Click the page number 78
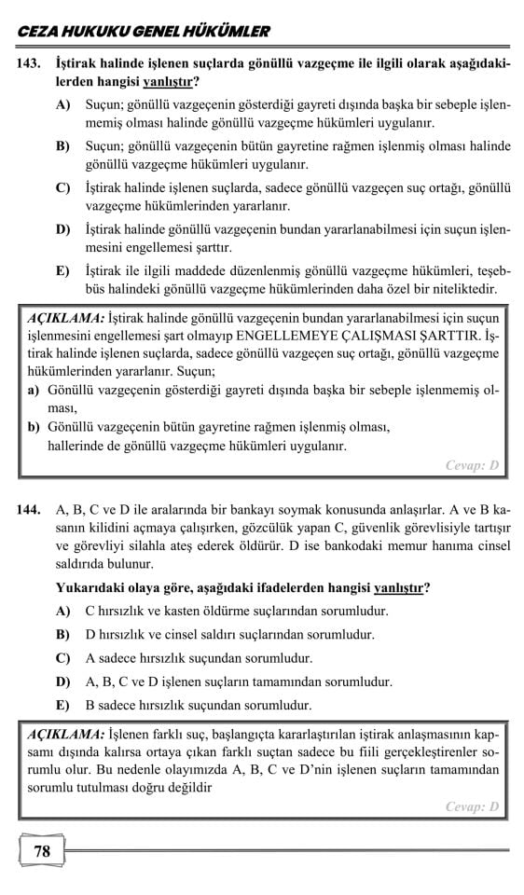point(42,850)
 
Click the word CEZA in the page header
point(36,32)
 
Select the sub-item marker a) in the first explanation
point(33,391)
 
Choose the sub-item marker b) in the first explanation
point(34,427)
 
